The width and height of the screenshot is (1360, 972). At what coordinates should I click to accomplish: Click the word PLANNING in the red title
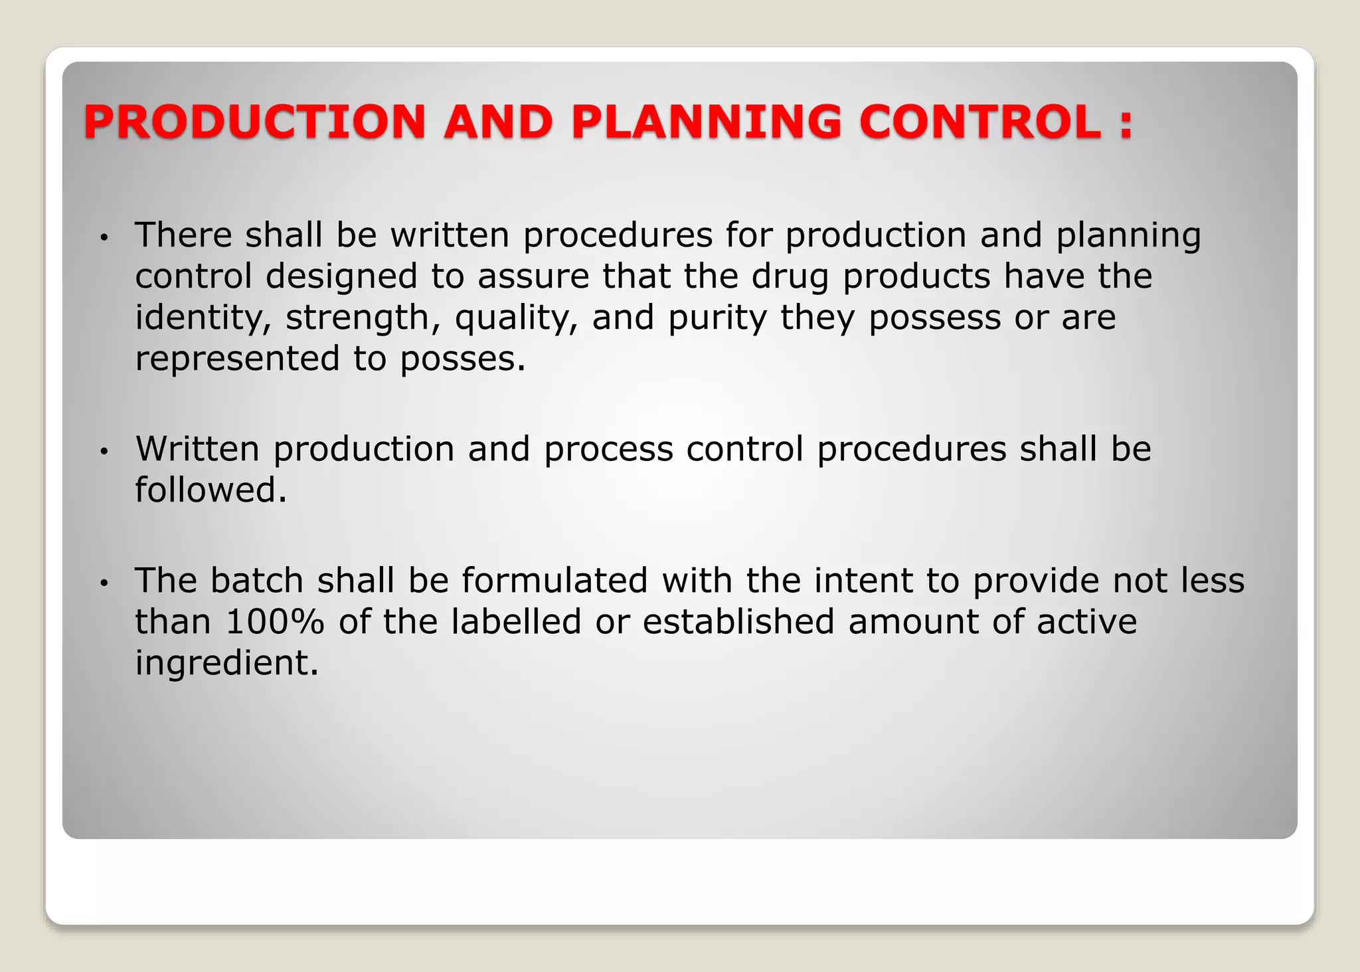[x=706, y=122]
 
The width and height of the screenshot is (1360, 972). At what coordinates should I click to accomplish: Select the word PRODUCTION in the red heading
[x=254, y=122]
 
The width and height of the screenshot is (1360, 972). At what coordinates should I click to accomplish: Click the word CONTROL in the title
[x=979, y=122]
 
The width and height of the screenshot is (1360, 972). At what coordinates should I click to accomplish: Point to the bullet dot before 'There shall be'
[x=103, y=238]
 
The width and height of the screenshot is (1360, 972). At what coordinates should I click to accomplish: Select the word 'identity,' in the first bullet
[x=203, y=318]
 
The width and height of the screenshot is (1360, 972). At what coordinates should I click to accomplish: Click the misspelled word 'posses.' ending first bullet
[x=462, y=359]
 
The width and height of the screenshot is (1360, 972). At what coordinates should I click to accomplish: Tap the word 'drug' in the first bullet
[x=790, y=276]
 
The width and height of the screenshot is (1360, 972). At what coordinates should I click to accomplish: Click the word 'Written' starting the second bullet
[x=197, y=449]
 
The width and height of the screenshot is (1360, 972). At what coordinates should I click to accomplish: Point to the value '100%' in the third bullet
[x=275, y=623]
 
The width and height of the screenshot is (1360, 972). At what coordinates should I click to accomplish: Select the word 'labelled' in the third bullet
[x=516, y=623]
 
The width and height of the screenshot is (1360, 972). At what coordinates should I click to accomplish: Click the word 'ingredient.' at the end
[x=227, y=663]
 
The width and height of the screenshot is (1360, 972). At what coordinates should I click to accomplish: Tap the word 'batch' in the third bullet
[x=257, y=581]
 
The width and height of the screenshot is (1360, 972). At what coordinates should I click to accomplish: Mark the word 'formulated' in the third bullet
[x=554, y=581]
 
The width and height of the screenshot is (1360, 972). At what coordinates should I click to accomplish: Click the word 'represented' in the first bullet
[x=237, y=359]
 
